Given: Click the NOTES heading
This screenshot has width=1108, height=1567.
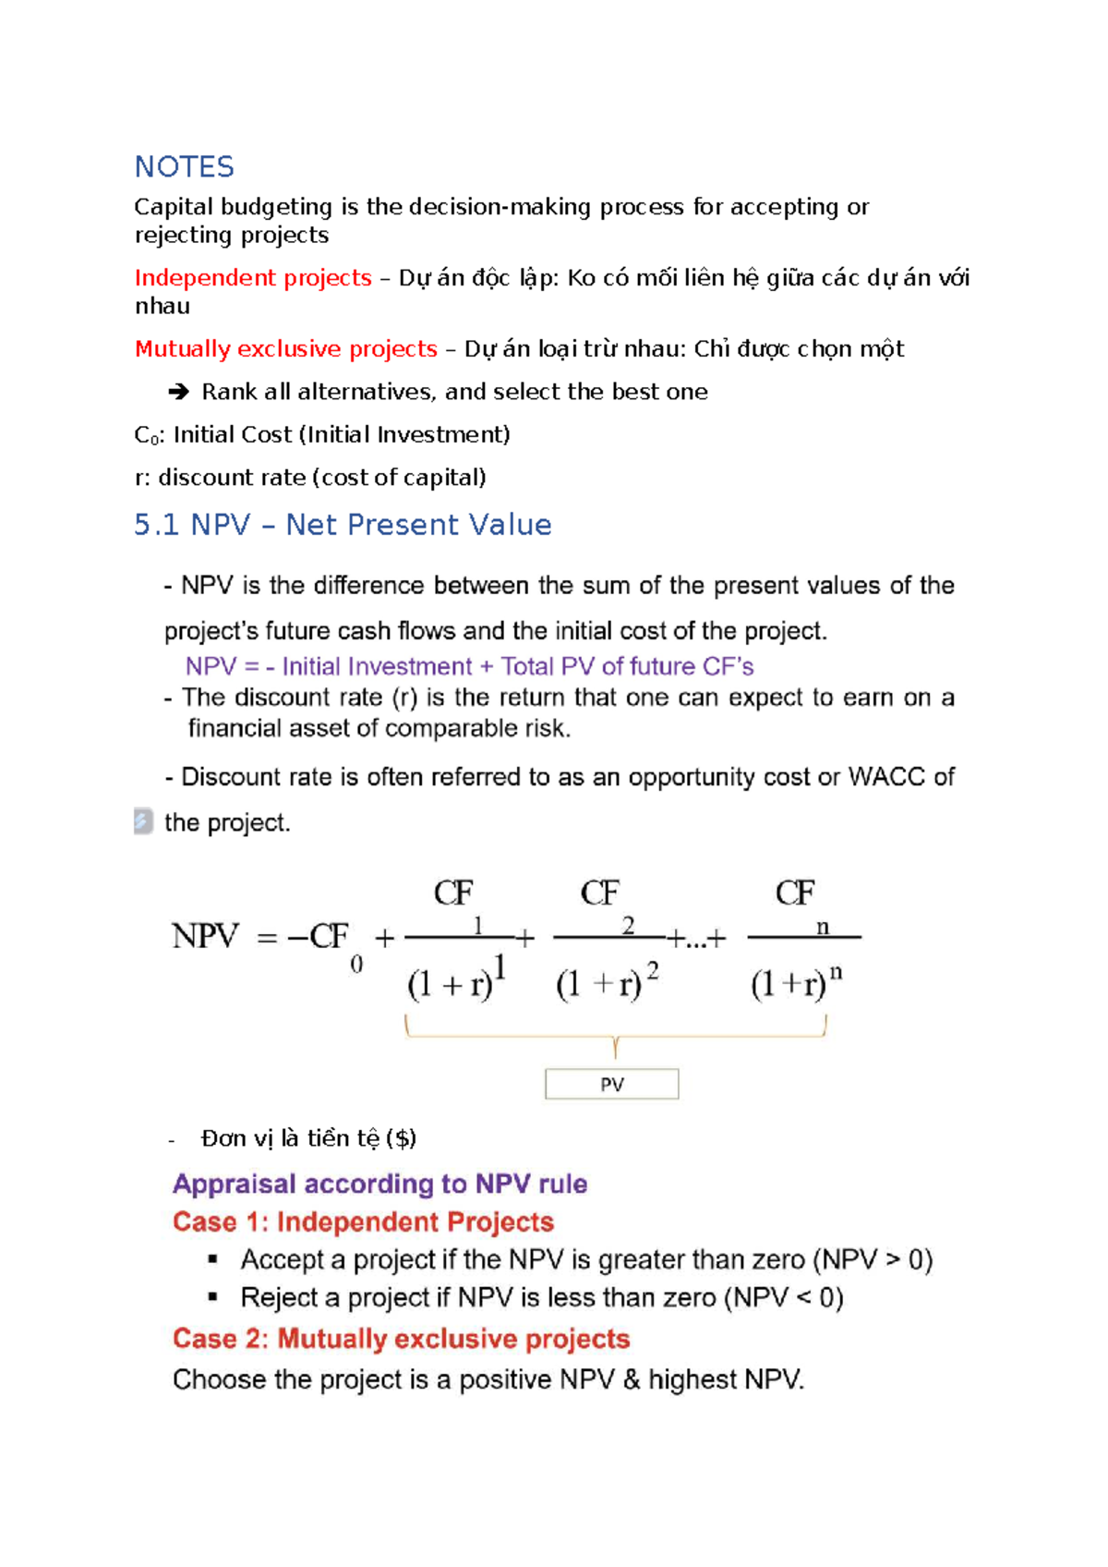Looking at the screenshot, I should tap(184, 166).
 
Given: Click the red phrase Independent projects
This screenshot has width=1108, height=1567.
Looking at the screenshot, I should tap(252, 277).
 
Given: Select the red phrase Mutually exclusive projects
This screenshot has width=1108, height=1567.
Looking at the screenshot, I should tap(285, 348).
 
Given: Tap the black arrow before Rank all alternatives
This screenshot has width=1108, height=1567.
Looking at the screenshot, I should tap(178, 392).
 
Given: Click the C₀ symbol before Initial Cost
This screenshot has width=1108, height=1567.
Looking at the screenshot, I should tap(145, 435).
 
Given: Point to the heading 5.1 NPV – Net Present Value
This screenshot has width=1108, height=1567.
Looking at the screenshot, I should tap(343, 525).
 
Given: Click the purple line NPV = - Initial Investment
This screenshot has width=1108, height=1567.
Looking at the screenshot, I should tap(469, 666).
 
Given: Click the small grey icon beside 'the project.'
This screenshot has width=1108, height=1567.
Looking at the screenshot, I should tap(143, 820).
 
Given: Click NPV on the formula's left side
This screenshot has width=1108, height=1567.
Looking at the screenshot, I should tap(205, 936).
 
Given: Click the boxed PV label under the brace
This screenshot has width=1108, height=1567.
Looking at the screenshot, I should tap(611, 1084).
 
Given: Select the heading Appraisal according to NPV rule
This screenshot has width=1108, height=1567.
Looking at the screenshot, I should tap(379, 1184).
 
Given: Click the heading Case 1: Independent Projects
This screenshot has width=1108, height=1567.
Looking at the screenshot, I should tap(363, 1221).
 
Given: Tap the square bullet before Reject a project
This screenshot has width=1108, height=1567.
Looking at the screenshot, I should tap(212, 1296).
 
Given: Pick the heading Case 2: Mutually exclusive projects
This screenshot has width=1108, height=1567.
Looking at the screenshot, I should tap(401, 1338).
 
